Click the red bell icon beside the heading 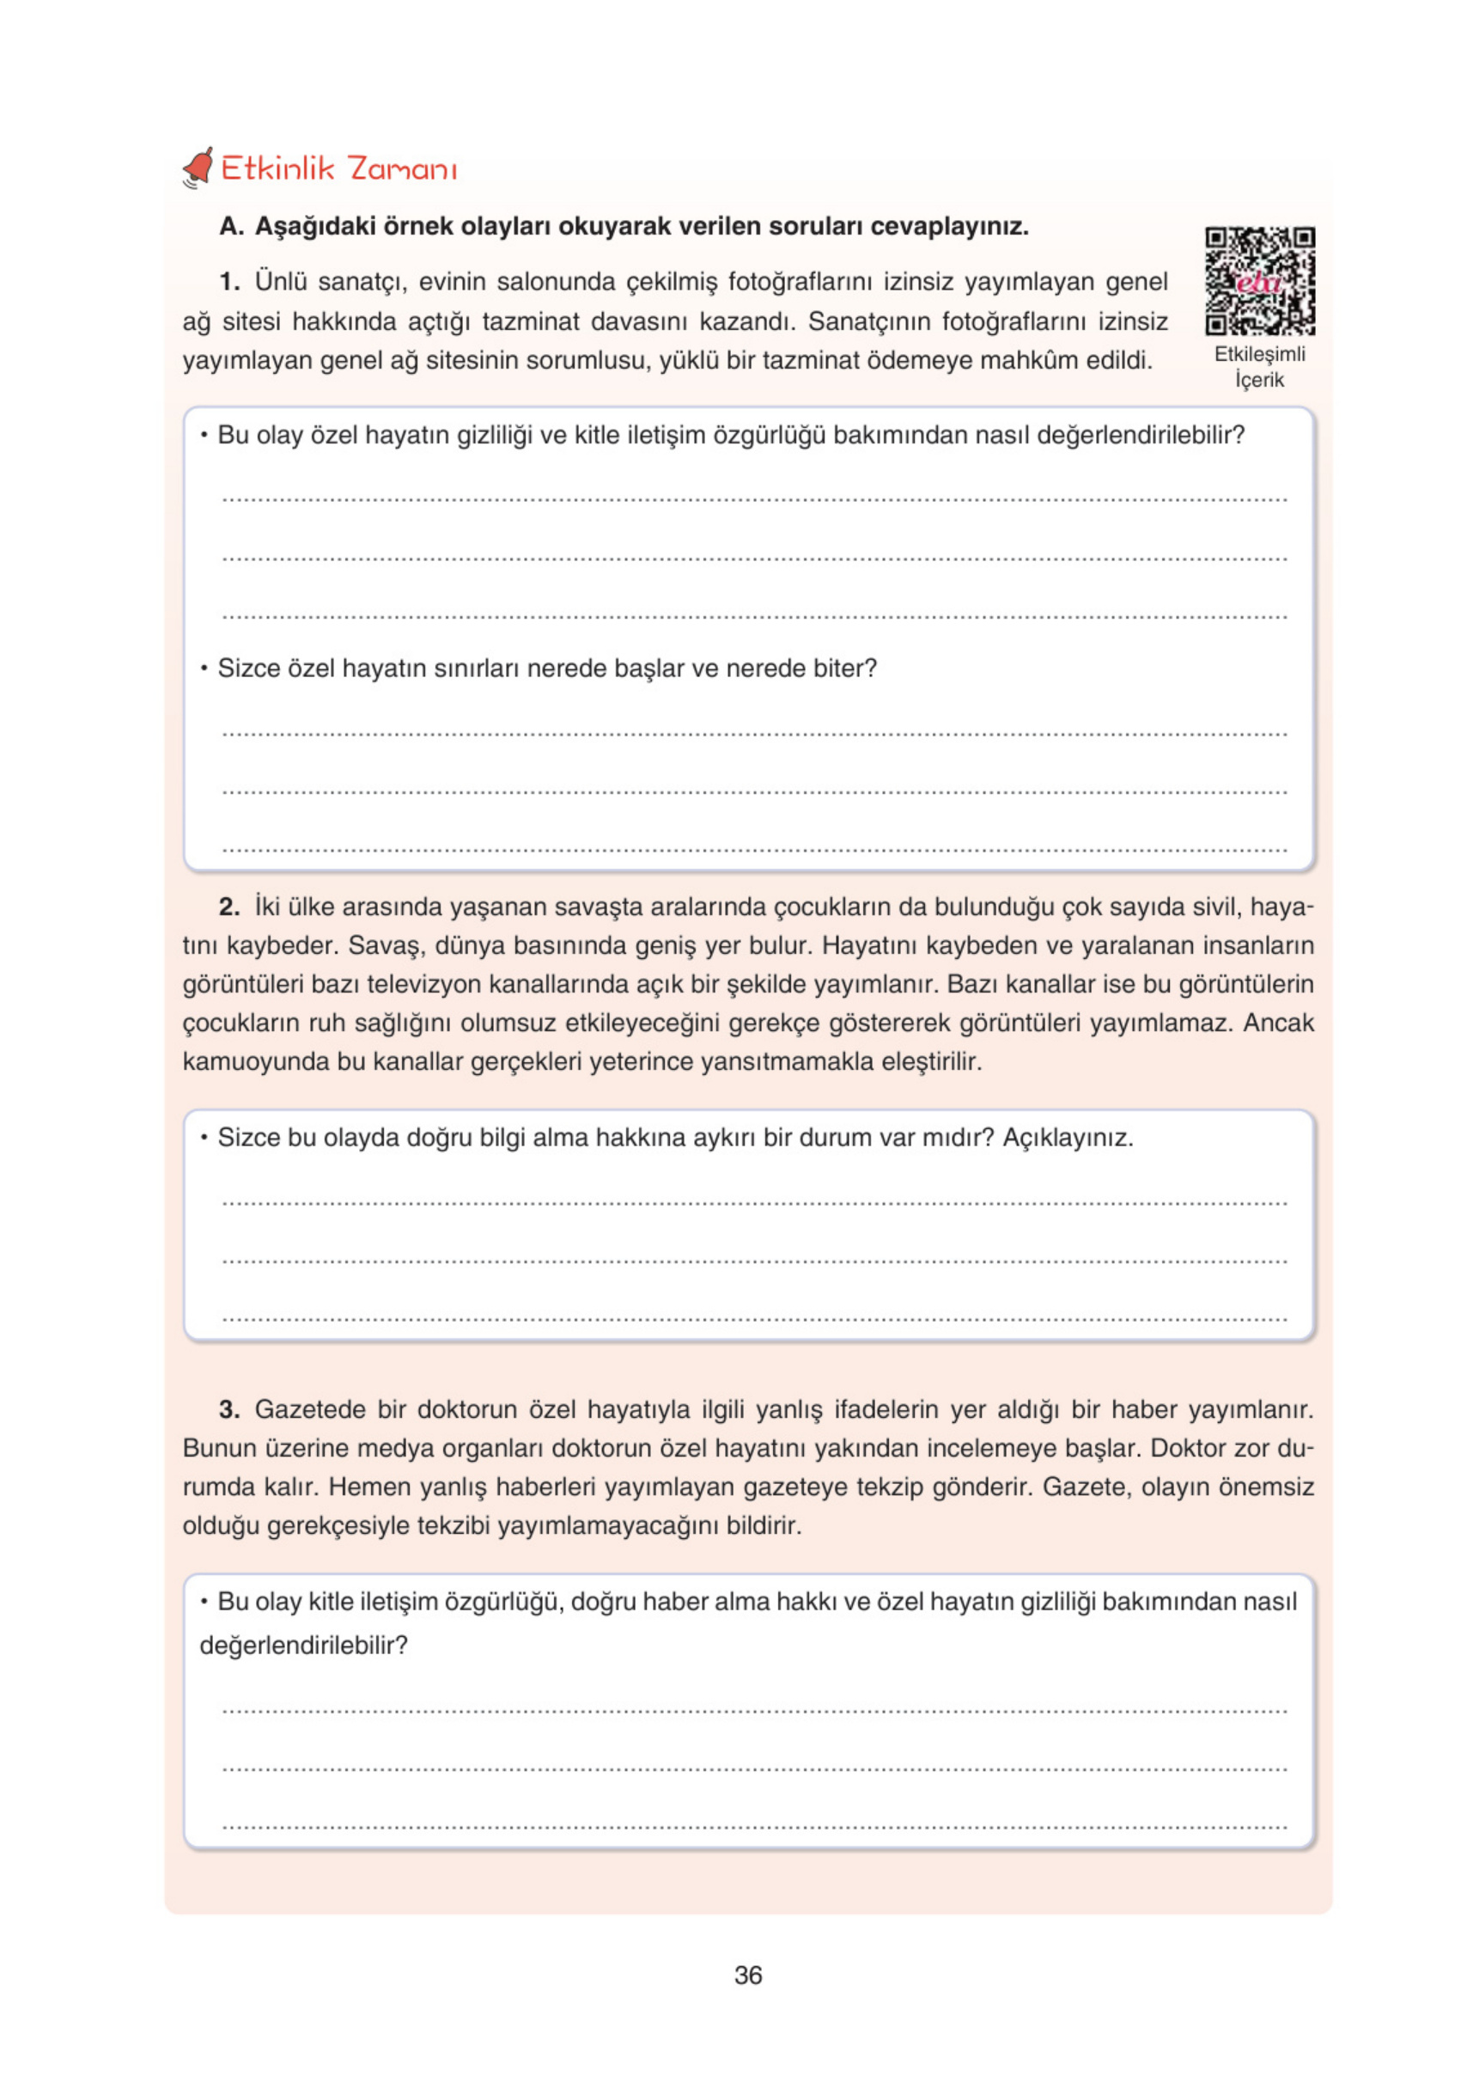pos(198,168)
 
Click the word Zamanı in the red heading pos(403,168)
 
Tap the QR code pos(1259,281)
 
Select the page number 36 pos(748,1975)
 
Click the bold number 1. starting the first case pos(229,282)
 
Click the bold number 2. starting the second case pos(229,907)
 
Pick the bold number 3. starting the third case pos(229,1409)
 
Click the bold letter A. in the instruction pos(231,226)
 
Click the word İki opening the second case pos(267,907)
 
